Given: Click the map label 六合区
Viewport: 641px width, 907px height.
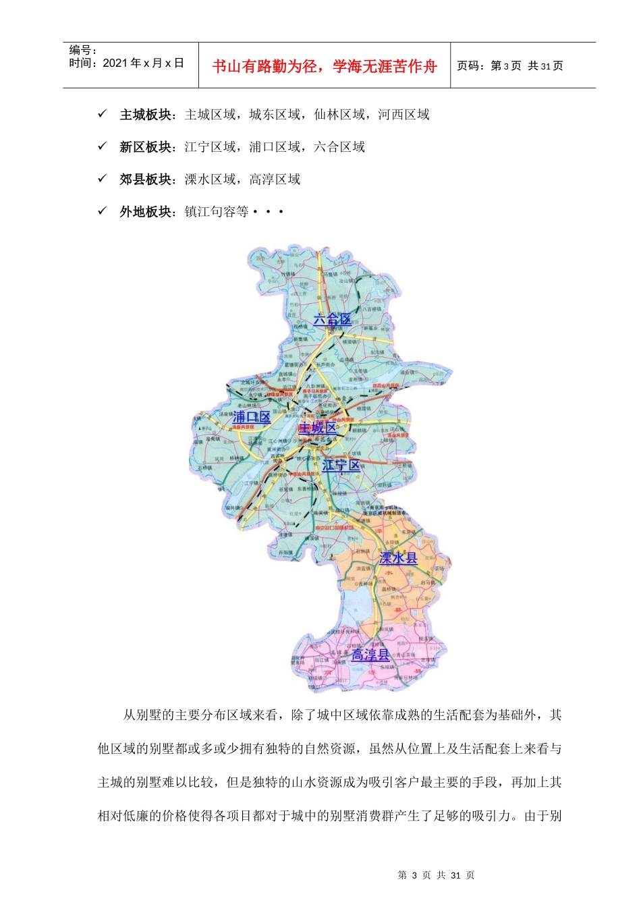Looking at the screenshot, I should coord(332,319).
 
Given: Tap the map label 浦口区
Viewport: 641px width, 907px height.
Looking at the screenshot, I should coord(251,417).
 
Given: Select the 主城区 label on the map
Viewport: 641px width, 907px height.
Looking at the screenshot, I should coord(317,428).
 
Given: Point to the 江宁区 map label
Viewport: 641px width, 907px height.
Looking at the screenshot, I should coord(341,465).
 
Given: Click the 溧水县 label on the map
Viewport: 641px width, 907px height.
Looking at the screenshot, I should coord(398,558).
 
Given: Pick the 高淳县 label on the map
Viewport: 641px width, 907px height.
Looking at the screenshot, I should coord(370,655).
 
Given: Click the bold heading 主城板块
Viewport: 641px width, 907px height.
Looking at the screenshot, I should coord(145,115).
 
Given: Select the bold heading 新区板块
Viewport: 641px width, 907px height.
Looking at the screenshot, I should coord(145,147).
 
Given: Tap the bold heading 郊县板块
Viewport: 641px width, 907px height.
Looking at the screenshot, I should coord(145,180).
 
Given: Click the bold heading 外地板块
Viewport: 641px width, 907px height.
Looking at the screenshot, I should coord(145,212).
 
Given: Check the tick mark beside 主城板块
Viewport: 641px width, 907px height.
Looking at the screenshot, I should coord(103,114).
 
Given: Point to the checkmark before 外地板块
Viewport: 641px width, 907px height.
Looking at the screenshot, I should coord(103,211).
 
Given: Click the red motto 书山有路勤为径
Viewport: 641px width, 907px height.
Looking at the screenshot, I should coord(267,66).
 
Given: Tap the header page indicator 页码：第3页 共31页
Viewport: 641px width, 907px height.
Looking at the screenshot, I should coord(509,65).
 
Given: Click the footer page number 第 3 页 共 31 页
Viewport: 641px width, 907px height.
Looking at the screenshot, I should coord(436,875).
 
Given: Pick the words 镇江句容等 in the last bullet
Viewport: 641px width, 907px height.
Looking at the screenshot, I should coord(217,212).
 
